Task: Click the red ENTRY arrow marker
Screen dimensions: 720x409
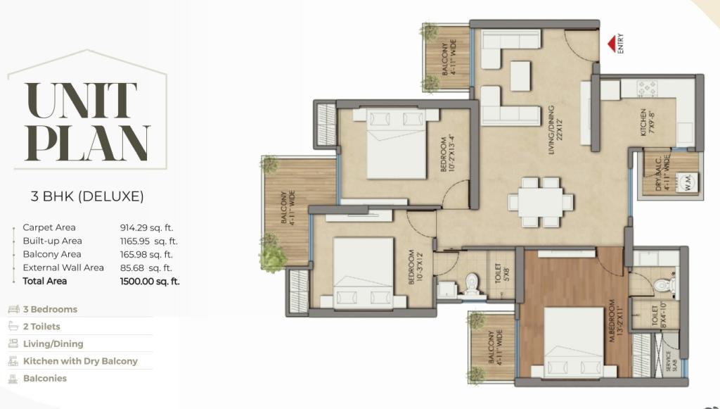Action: tap(612, 44)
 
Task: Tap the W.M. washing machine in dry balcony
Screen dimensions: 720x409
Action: tap(688, 181)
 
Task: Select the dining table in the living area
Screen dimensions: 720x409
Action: tap(541, 202)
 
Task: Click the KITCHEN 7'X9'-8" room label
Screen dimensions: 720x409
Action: tap(647, 122)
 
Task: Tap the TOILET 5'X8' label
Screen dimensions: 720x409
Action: tap(501, 273)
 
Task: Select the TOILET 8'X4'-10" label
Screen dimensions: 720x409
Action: tap(658, 315)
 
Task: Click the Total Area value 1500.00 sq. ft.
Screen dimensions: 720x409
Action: tap(150, 282)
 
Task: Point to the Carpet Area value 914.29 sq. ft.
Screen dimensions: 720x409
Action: tap(146, 227)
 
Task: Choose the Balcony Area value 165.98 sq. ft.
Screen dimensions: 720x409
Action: tap(146, 254)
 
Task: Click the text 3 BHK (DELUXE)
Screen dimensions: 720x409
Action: tap(87, 196)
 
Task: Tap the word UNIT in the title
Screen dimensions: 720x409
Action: tap(81, 101)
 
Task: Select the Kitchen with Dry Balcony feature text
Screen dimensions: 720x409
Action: tap(80, 361)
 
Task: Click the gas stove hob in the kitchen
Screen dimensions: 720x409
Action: tap(646, 88)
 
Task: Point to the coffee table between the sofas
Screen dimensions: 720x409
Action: tap(520, 76)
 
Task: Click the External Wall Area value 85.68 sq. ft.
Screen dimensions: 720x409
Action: tap(146, 268)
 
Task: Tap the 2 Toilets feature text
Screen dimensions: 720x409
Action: tap(41, 327)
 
